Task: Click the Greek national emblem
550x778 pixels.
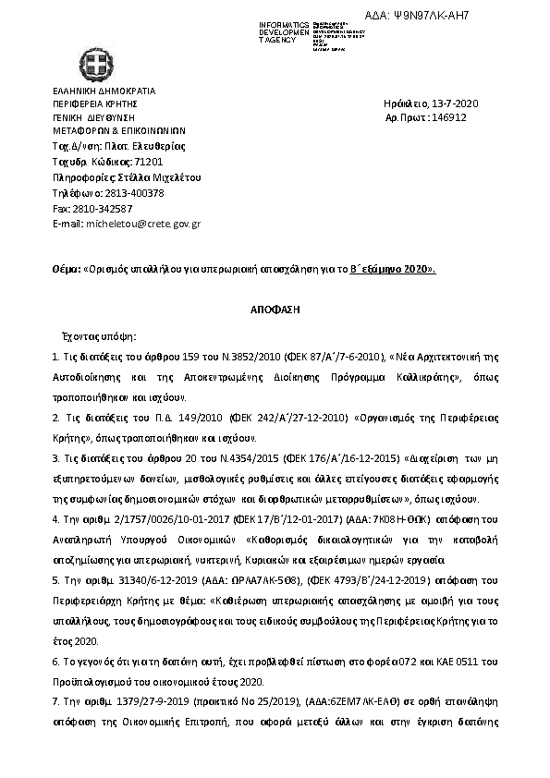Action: pos(92,66)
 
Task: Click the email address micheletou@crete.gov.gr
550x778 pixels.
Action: pos(143,224)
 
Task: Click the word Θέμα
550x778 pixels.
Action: pos(65,269)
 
